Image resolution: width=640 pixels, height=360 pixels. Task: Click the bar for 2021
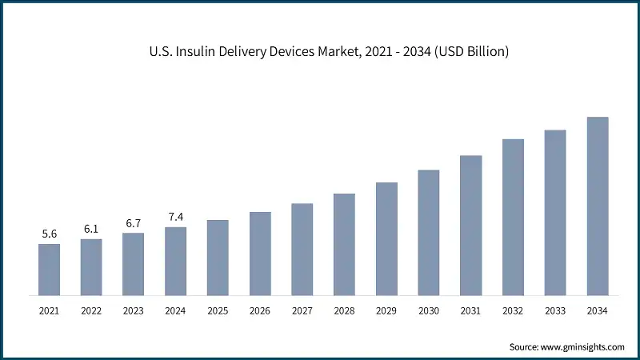49,269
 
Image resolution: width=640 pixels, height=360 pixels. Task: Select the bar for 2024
175,261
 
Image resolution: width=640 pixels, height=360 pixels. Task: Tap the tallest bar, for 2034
598,206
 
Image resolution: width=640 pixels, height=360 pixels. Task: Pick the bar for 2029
386,238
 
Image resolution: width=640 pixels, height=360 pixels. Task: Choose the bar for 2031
471,225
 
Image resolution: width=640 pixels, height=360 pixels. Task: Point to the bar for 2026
260,253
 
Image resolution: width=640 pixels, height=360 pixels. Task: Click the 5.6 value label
49,234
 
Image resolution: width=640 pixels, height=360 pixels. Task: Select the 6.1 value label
91,228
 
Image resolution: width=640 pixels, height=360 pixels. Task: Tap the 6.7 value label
134,222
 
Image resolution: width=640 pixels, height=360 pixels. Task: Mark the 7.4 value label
175,217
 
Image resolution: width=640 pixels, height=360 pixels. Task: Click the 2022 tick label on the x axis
91,310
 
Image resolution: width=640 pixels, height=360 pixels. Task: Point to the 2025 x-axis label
218,310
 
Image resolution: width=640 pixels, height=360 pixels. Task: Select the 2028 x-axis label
344,310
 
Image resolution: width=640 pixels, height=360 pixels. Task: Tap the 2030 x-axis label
429,310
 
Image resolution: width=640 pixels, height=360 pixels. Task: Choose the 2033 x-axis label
555,310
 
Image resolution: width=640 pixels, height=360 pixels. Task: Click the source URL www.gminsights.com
584,346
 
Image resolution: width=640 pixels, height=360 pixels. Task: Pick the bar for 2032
513,217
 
